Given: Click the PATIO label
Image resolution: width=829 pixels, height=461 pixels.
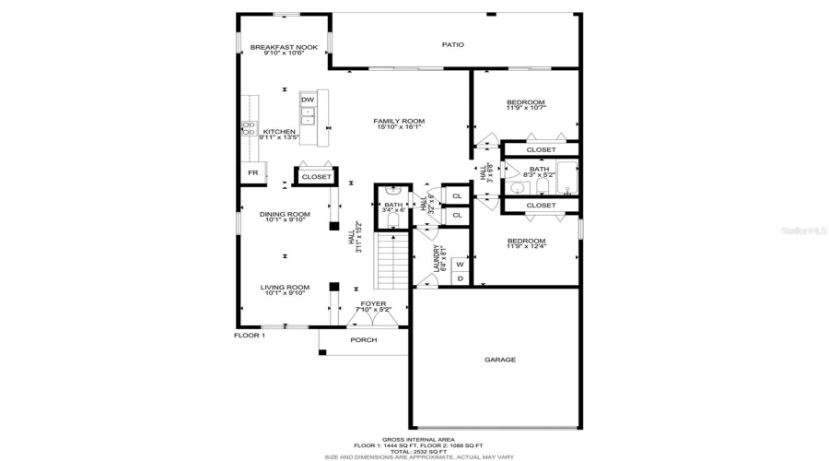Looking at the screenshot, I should coord(452,44).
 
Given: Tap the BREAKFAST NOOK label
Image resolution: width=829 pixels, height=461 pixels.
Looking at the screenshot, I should coord(284,47).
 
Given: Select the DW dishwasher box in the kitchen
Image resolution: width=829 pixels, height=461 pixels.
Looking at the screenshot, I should coord(308,100).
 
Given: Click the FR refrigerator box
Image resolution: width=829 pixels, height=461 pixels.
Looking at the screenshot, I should coord(251,172).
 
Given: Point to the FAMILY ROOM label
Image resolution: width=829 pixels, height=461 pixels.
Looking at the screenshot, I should coord(398,121).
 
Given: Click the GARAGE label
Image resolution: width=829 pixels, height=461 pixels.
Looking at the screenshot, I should coord(500,360).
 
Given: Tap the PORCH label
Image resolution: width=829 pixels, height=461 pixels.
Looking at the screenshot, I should coord(364,339).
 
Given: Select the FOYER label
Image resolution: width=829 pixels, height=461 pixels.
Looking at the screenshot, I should coord(373,302).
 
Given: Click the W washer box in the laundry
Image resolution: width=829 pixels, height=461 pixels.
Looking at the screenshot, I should coord(460,264).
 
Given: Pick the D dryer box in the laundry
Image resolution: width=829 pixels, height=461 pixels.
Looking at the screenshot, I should coord(460,278).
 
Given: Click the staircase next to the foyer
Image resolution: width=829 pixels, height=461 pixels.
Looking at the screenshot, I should coord(393,259).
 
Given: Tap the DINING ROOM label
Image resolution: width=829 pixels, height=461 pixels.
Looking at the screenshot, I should coord(284,214).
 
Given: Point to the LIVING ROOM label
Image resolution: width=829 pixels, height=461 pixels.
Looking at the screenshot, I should coord(284,287).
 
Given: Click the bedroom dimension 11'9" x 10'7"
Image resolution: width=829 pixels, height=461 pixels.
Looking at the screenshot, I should coord(526,108).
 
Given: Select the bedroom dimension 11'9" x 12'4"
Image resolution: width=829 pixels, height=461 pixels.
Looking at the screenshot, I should coord(526,247).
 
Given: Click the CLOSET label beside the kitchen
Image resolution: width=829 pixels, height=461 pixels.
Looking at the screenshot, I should coord(316,176).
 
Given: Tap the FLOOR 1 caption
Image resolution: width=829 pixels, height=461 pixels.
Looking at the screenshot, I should coord(249,336).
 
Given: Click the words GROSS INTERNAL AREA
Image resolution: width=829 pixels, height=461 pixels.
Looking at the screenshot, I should coord(414,439).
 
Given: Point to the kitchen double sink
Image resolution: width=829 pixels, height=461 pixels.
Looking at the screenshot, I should coord(310,116).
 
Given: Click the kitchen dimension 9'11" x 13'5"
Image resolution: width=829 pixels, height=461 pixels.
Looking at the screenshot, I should coord(279,137).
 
